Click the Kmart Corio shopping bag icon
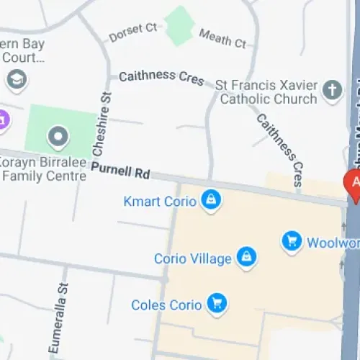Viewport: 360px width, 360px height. (x=210, y=199)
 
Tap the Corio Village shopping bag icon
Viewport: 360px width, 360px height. (x=247, y=257)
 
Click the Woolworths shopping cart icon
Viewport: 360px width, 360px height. (x=291, y=241)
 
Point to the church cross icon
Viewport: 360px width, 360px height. (x=331, y=90)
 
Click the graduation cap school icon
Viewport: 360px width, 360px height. (x=17, y=78)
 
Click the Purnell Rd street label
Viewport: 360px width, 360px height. (x=120, y=173)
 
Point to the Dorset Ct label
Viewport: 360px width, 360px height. (x=132, y=32)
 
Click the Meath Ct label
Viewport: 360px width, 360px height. (x=222, y=37)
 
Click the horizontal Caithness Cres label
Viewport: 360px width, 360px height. (x=161, y=77)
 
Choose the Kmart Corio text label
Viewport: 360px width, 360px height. (x=160, y=201)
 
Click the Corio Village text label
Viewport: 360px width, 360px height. (x=192, y=258)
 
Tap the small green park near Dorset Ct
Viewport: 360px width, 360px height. (x=179, y=25)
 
